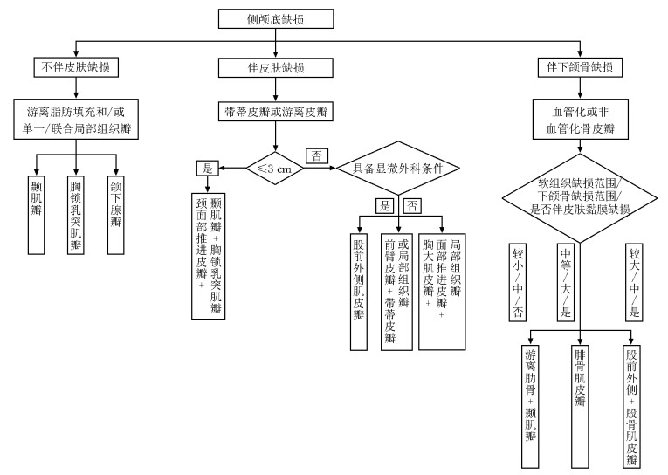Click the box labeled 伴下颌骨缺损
pos(575,67)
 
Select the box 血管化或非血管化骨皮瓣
pos(575,120)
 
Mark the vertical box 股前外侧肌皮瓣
pos(358,290)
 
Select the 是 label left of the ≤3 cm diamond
pos(207,167)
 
